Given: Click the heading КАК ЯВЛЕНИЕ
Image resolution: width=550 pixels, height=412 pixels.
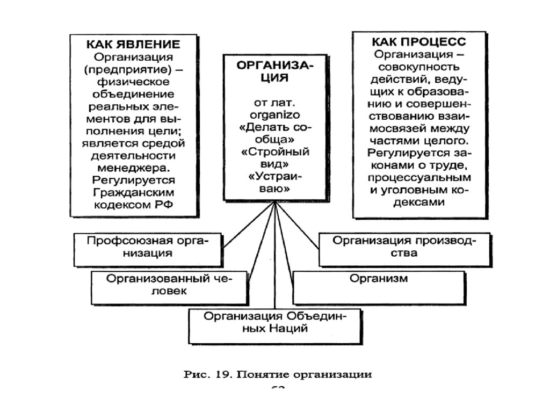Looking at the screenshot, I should point(133,45).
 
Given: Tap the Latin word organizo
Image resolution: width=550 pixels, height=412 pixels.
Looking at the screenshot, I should point(274,114).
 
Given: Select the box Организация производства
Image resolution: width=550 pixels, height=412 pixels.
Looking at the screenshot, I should point(404,247).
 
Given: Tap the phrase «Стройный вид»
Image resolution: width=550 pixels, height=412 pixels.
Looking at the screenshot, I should point(274,158).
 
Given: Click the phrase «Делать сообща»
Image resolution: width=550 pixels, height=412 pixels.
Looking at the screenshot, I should point(274,133).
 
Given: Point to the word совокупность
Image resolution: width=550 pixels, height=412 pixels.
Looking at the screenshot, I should point(412,68).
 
